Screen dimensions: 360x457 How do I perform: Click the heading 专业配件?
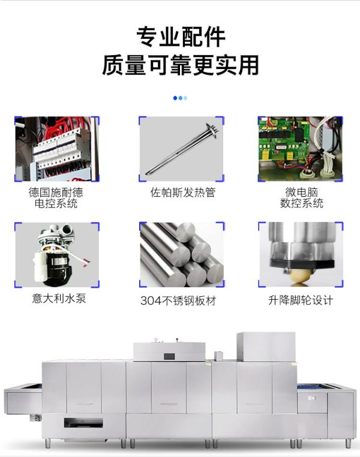click(181, 37)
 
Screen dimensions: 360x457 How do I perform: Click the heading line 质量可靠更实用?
click(181, 65)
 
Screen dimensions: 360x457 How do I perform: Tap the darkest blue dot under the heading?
click(175, 98)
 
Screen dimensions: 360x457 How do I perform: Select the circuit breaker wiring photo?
click(57, 149)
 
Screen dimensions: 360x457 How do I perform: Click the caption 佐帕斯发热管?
click(183, 193)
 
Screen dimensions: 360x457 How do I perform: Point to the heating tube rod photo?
click(181, 149)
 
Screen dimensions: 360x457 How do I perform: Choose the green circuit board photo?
click(300, 149)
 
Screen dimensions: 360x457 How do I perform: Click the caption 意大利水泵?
click(59, 299)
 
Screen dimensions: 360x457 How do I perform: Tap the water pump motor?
click(57, 255)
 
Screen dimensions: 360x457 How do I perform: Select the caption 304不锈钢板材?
click(178, 300)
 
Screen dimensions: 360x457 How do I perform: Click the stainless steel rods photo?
click(182, 255)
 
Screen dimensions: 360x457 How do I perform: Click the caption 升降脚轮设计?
click(301, 300)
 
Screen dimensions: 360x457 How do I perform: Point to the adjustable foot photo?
click(301, 255)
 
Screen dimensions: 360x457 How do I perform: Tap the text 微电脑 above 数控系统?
click(301, 193)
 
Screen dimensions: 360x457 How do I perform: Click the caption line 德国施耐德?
click(56, 193)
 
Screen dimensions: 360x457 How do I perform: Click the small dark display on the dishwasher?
click(169, 356)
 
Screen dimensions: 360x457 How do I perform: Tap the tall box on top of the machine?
click(266, 347)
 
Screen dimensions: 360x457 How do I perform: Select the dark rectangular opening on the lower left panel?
click(83, 424)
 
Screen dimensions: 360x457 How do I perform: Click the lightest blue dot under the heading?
click(185, 98)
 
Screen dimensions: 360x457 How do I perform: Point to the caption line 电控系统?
click(56, 203)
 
